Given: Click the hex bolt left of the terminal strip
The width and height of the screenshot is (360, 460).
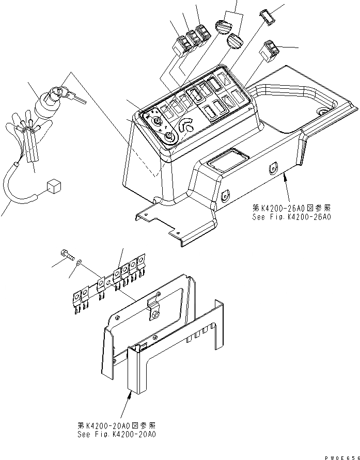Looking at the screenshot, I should (66, 254).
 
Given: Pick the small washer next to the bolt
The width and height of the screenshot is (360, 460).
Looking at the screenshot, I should (77, 264).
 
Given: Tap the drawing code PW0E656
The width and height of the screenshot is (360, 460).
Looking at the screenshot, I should (338, 456).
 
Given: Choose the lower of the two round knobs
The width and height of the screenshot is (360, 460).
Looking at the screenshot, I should (234, 41).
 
